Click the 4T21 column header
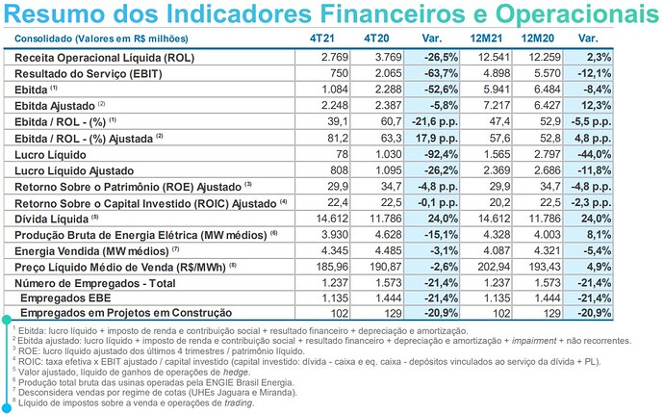(322, 39)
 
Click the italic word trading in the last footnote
(236, 402)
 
